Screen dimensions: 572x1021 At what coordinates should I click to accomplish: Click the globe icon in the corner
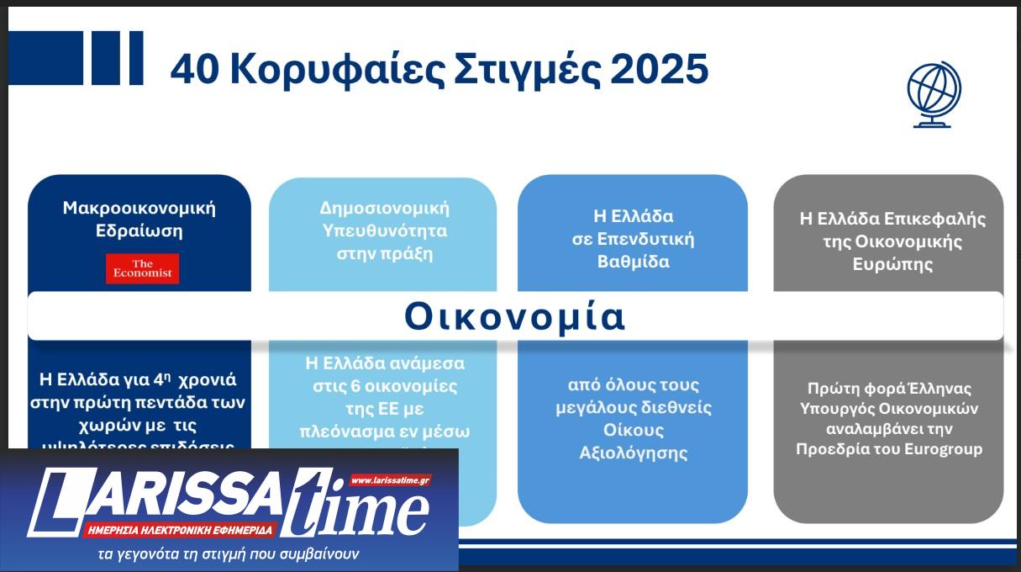click(x=934, y=94)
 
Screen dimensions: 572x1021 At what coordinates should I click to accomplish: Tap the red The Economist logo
click(x=142, y=269)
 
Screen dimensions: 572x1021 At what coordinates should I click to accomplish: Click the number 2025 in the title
click(x=660, y=70)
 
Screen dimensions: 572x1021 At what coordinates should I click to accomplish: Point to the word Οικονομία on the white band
click(x=515, y=316)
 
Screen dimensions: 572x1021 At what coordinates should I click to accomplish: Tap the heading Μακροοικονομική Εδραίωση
click(x=139, y=219)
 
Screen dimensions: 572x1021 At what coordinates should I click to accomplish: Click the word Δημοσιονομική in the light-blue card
click(x=384, y=208)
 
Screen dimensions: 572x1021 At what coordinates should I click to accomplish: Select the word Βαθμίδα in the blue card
click(x=633, y=261)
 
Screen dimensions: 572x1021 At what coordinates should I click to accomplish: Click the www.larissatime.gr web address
click(x=390, y=480)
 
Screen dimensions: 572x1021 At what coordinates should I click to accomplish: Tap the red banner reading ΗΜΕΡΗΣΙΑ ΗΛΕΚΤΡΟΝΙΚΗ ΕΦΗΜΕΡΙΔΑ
click(x=181, y=530)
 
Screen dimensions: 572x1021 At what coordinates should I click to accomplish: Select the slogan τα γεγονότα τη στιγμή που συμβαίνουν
click(x=229, y=554)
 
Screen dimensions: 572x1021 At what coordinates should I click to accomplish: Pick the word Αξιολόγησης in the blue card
click(x=634, y=453)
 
